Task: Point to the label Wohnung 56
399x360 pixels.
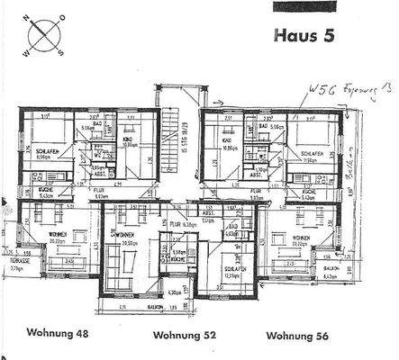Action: tap(298, 336)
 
